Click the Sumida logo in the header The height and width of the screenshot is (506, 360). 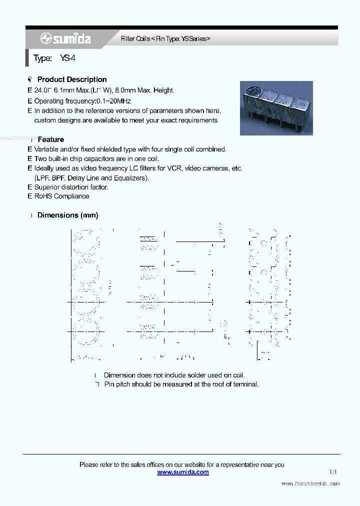point(65,38)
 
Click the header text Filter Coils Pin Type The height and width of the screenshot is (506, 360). point(165,38)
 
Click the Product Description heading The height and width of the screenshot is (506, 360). point(72,79)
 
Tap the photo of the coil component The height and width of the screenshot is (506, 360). point(276,108)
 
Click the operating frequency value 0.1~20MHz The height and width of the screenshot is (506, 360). point(114,101)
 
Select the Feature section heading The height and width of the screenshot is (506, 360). point(50,139)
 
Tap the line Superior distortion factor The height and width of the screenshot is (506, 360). point(71,187)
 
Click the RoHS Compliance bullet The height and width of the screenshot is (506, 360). point(61,196)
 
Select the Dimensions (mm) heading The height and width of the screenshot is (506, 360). point(67,215)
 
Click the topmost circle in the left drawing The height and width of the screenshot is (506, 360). point(86,243)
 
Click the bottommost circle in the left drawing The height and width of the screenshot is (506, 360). point(86,331)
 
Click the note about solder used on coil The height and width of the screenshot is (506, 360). point(174,375)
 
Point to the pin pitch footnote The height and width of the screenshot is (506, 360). point(181,384)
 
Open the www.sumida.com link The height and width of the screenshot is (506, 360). point(183,472)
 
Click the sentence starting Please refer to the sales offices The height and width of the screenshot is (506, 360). point(181,464)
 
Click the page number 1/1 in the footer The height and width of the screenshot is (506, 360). point(333,471)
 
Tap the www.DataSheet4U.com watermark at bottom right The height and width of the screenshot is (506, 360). point(310,484)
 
